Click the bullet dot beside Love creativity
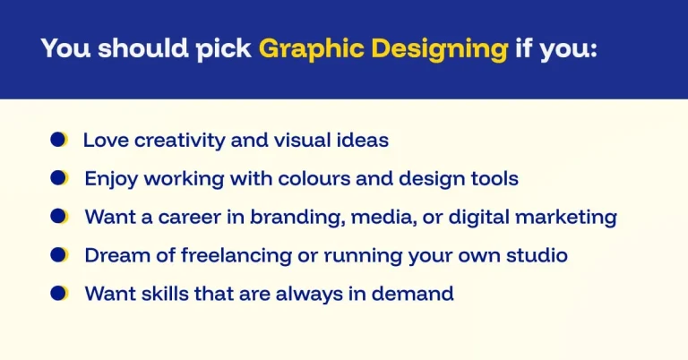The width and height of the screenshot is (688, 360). [59, 140]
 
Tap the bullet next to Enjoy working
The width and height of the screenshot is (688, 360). [59, 178]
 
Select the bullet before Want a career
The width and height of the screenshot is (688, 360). [59, 216]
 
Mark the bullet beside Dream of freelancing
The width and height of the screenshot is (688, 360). [59, 254]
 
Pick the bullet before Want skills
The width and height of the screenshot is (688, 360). [59, 293]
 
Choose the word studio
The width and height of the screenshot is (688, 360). [537, 254]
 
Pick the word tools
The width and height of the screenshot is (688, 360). [494, 178]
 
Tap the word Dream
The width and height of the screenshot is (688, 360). [111, 254]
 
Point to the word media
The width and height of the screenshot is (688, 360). [387, 217]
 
